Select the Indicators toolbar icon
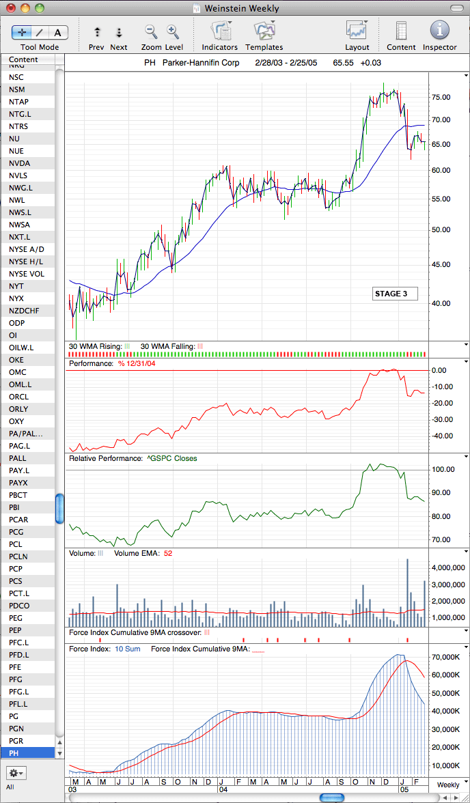pyautogui.click(x=220, y=31)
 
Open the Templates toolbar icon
pyautogui.click(x=264, y=31)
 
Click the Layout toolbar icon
pyautogui.click(x=357, y=31)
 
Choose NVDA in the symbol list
pyautogui.click(x=20, y=163)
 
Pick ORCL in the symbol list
pyautogui.click(x=18, y=397)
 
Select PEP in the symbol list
pyautogui.click(x=15, y=630)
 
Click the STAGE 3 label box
pyautogui.click(x=395, y=294)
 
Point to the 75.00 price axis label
pyautogui.click(x=441, y=97)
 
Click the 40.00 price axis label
pyautogui.click(x=441, y=303)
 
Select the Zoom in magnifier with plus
pyautogui.click(x=173, y=31)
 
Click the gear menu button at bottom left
pyautogui.click(x=16, y=772)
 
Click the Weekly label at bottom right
pyautogui.click(x=448, y=785)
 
